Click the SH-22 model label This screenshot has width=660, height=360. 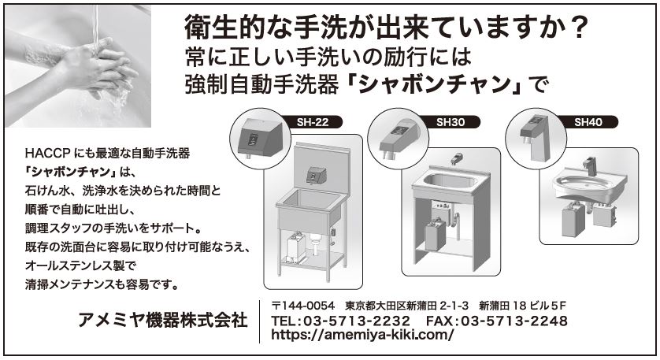pos(313,122)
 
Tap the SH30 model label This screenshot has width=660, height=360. pos(451,122)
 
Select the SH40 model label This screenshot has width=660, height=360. pos(588,122)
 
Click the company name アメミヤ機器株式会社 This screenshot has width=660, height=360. pos(162,321)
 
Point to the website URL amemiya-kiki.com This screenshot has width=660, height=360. pos(362,335)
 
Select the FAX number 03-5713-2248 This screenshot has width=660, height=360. pos(514,321)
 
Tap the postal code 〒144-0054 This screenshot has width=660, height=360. pos(303,306)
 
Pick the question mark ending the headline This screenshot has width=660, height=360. pos(579,28)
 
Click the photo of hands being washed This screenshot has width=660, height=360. pos(78,66)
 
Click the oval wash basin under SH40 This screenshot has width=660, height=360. pos(589,185)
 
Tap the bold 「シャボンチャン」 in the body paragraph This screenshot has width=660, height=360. pos(70,172)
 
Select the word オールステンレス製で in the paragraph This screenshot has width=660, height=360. pos(80,265)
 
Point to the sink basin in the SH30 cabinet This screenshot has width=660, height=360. pos(450,181)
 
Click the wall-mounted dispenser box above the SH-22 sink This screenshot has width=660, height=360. pos(316,175)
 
